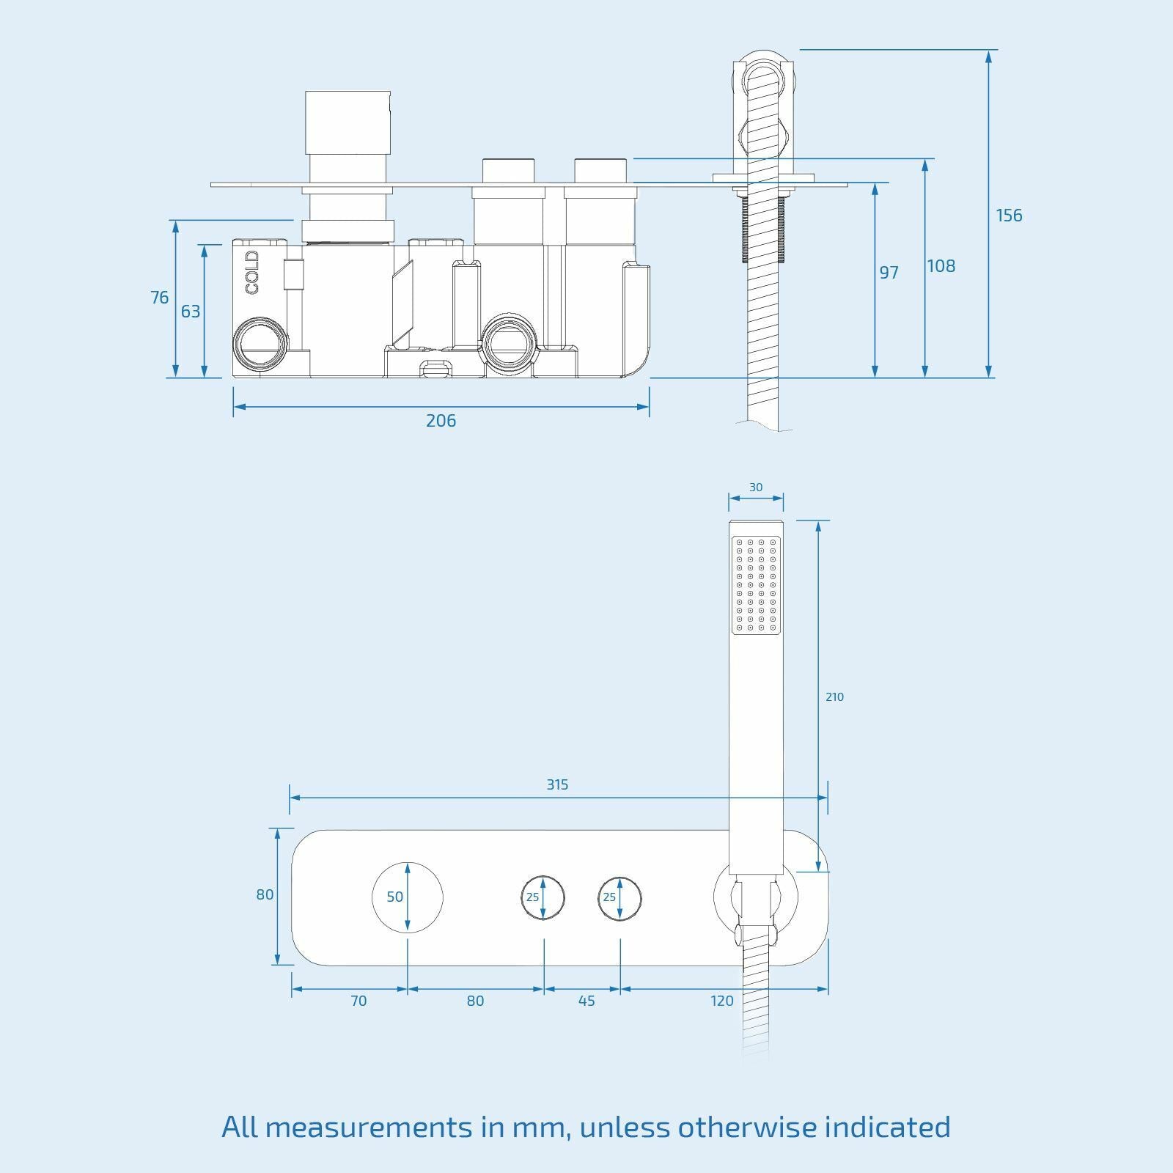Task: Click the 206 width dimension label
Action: [x=441, y=421]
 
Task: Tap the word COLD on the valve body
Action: [x=252, y=272]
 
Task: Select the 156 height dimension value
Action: [x=1008, y=216]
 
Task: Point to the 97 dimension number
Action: [x=889, y=273]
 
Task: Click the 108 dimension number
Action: [x=941, y=266]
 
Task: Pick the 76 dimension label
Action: [x=159, y=298]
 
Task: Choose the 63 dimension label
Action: [x=190, y=312]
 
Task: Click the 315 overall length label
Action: [x=557, y=784]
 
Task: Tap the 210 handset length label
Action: [x=834, y=697]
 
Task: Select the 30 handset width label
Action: [x=756, y=488]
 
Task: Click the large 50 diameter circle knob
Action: [x=408, y=897]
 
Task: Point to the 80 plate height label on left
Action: [x=265, y=894]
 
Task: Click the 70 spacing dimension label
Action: [x=358, y=1001]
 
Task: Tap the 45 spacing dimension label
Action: [x=586, y=1001]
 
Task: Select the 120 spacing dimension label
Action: [x=722, y=1001]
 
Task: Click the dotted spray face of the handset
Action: [x=756, y=584]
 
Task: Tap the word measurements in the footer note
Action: [x=369, y=1127]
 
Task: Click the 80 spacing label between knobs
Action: [x=475, y=1001]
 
